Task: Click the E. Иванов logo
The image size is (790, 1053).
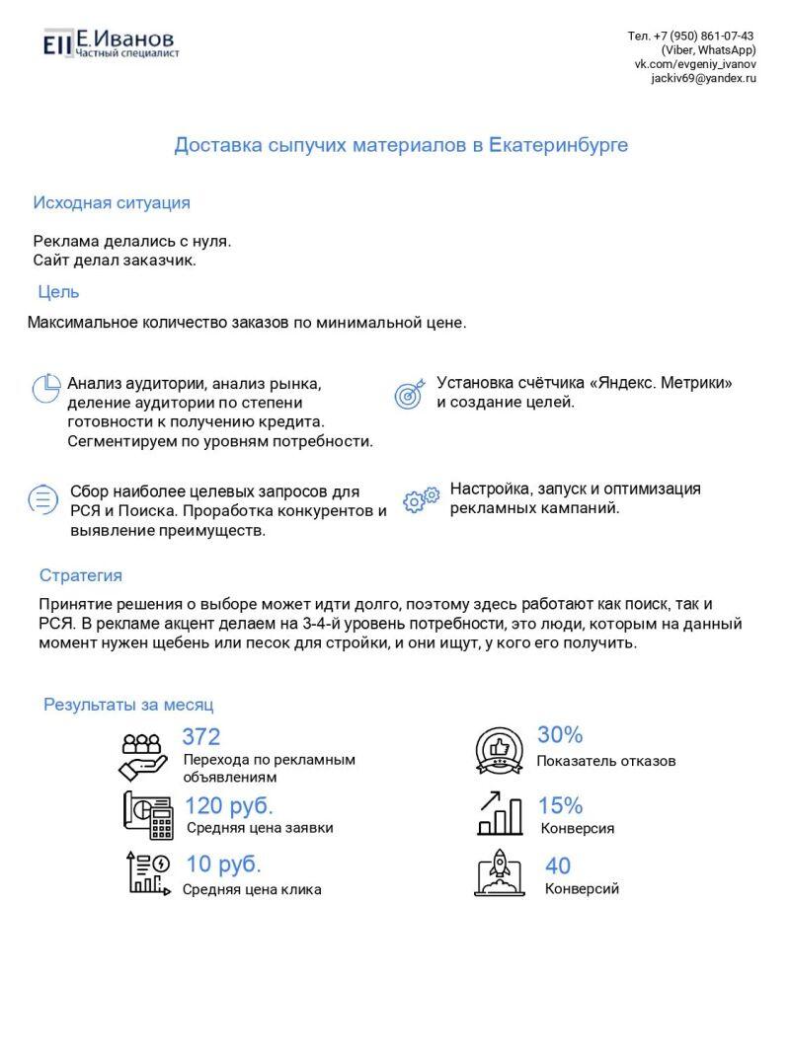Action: coord(110,42)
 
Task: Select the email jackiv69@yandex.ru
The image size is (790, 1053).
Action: coord(703,78)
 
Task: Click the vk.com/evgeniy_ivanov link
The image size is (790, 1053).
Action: coord(695,64)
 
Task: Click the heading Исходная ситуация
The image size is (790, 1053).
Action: coord(112,203)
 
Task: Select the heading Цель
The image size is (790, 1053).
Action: coord(58,292)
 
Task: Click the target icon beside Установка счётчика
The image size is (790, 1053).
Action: coord(409,393)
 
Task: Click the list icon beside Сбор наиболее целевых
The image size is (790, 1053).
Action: coord(42,499)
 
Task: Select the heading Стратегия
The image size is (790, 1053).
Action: coord(81,575)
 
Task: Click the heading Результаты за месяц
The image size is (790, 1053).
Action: coord(128,705)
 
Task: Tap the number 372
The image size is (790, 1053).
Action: coord(201,736)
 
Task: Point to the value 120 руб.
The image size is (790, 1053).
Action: coord(229,805)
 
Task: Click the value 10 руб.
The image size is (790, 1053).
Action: coord(224,865)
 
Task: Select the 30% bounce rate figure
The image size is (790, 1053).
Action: coord(560,735)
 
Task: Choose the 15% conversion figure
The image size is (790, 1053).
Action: coord(560,805)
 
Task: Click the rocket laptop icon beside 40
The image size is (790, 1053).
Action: coord(500,871)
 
